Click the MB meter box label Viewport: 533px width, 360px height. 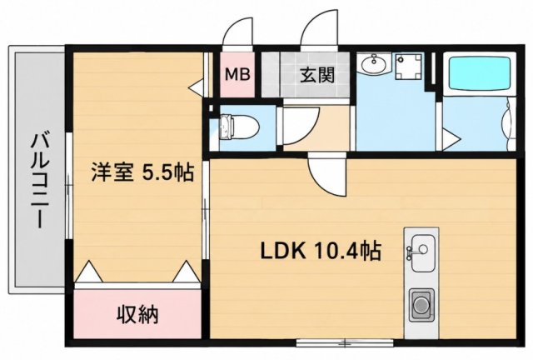point(238,74)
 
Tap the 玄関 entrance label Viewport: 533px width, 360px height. point(317,75)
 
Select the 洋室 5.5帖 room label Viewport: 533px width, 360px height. point(142,172)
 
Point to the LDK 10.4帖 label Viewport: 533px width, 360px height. point(321,251)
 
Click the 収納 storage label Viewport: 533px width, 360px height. point(138,314)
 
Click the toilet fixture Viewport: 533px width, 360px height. point(239,127)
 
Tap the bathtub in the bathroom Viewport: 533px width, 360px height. point(480,74)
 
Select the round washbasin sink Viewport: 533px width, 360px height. point(374,63)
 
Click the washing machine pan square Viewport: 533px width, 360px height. point(410,66)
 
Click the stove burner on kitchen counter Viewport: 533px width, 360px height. point(421,304)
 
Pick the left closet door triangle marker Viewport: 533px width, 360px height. point(88,272)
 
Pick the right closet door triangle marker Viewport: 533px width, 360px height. point(186,272)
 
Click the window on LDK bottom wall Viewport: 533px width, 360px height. point(345,342)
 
